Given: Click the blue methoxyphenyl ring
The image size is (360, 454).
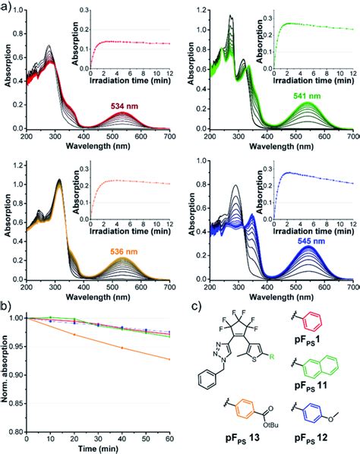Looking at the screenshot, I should coord(304,417).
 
